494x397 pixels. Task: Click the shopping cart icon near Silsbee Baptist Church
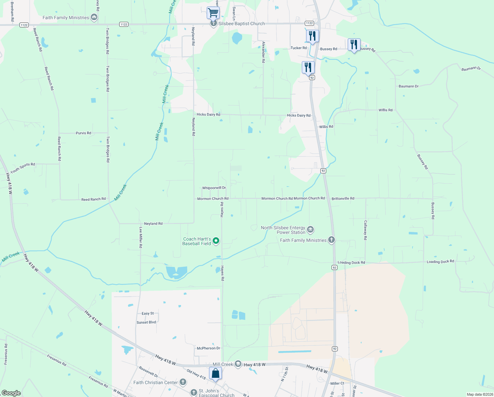(213, 13)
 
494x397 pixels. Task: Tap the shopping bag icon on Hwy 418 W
(215, 374)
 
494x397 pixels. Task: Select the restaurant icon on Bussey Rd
(354, 45)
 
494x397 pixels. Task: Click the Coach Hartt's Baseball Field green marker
(216, 241)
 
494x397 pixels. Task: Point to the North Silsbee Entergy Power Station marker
(310, 230)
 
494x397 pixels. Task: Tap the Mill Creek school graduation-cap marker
(238, 364)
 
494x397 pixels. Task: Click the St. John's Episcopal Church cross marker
(194, 393)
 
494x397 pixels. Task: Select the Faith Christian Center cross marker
(183, 382)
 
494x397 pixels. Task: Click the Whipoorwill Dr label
(214, 188)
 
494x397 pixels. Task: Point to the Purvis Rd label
(83, 133)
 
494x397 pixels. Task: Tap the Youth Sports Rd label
(22, 168)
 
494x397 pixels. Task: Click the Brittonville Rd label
(343, 198)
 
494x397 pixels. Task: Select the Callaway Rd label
(365, 230)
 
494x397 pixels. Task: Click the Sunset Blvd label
(146, 322)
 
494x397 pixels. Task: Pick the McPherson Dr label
(208, 348)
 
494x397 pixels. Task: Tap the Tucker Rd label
(299, 48)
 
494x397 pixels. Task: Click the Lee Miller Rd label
(141, 238)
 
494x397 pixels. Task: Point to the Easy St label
(148, 313)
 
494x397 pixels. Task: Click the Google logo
(11, 393)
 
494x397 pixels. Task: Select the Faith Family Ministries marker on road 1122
(94, 18)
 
